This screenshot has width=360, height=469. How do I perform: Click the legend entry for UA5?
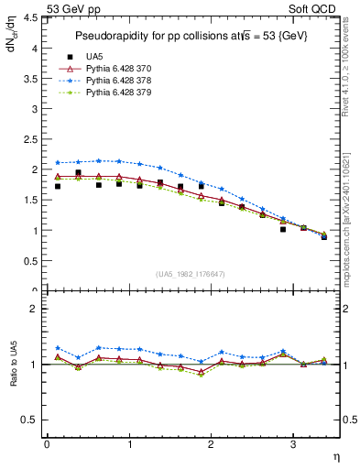click(x=95, y=57)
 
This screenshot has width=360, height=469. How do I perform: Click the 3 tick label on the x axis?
click(x=292, y=444)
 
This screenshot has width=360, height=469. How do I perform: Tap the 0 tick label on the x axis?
click(x=47, y=444)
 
